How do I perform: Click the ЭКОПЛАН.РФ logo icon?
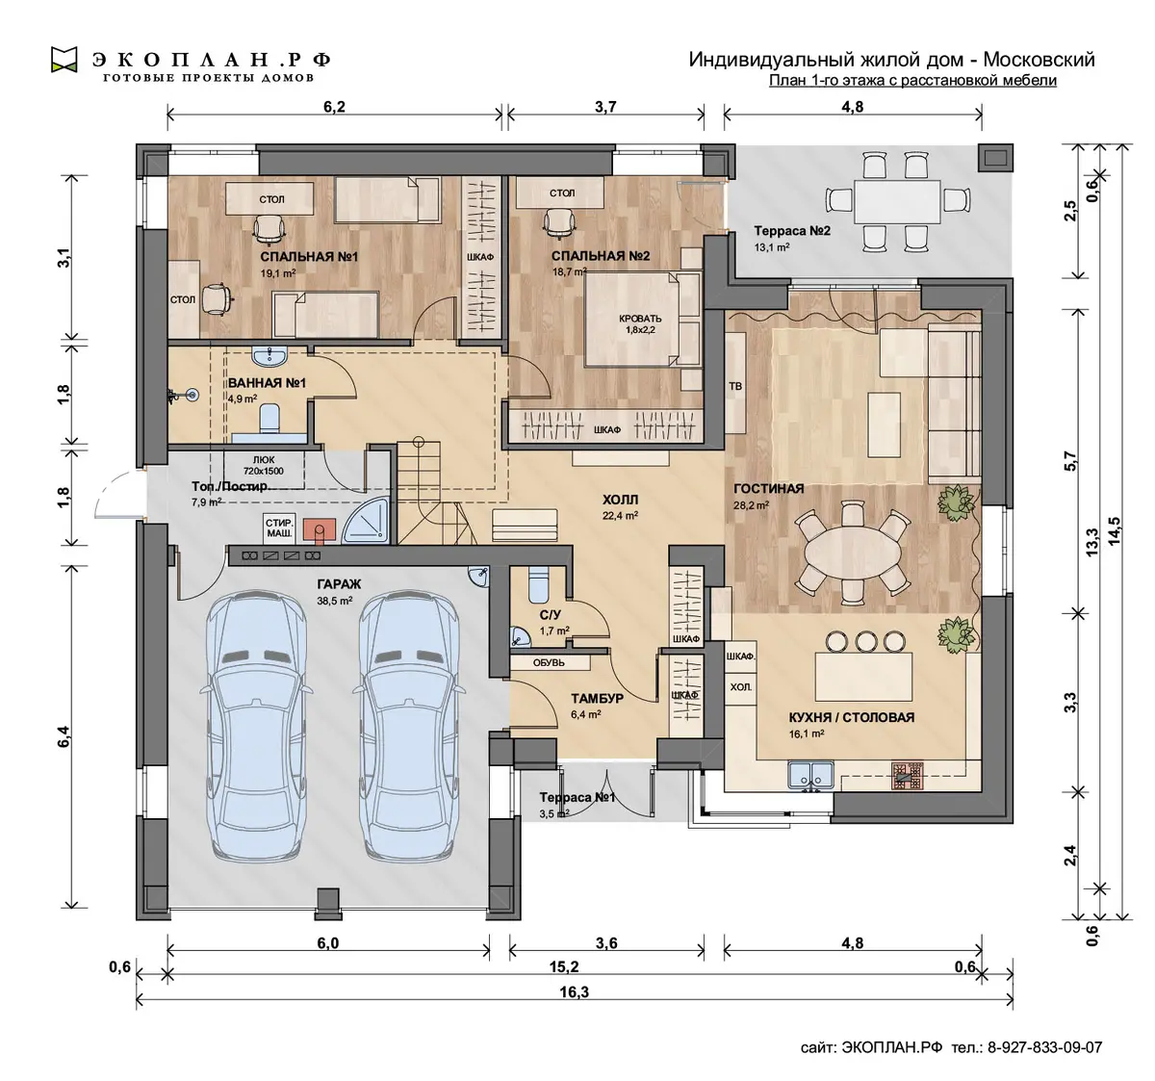pos(64,60)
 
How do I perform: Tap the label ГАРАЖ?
pos(339,583)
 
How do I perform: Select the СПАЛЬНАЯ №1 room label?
pos(309,257)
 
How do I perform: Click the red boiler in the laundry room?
pos(319,530)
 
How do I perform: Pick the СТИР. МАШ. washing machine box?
pos(279,528)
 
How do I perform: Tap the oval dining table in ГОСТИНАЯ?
pos(852,553)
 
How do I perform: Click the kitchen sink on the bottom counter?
pos(810,775)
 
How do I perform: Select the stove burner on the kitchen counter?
pos(908,775)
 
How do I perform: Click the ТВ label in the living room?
pos(735,386)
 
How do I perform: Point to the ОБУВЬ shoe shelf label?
pos(549,662)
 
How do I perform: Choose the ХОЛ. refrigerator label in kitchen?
pos(740,687)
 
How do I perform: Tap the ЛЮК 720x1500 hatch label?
pos(264,466)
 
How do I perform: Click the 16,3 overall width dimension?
pos(574,991)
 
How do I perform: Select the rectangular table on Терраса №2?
pos(897,201)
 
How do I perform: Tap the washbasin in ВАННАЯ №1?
pos(269,355)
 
